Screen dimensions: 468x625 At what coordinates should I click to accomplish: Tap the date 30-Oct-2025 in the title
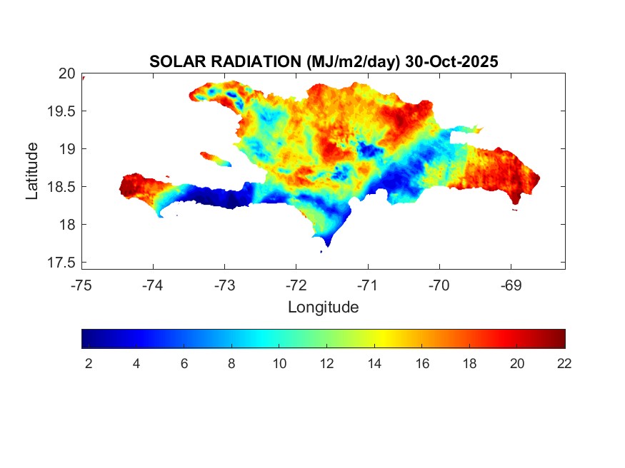[x=451, y=62]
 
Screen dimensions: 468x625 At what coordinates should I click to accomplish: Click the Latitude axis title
[x=32, y=171]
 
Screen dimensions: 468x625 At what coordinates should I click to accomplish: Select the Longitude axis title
[x=323, y=307]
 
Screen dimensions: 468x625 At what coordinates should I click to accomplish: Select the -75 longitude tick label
[x=81, y=285]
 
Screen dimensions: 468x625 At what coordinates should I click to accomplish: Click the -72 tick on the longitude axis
[x=296, y=285]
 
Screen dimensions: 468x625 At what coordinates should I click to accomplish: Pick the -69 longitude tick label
[x=511, y=285]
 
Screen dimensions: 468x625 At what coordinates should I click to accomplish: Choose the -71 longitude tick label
[x=368, y=285]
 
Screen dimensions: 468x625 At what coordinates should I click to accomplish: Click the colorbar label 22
[x=564, y=364]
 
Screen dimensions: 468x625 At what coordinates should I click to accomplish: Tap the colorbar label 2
[x=89, y=364]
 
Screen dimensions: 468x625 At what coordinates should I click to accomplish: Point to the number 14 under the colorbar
[x=374, y=364]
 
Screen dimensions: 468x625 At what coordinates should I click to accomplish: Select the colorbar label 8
[x=231, y=364]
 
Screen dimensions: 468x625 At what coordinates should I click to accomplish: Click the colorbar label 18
[x=469, y=364]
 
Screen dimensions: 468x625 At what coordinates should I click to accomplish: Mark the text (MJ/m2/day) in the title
[x=353, y=62]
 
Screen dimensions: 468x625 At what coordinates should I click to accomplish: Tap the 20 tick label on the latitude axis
[x=67, y=73]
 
